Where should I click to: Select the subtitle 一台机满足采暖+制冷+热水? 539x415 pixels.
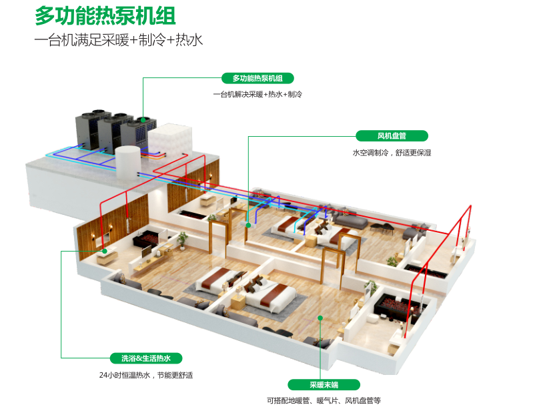(x=118, y=41)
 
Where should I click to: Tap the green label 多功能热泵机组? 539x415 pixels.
(x=257, y=78)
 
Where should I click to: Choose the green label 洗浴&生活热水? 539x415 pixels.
(x=146, y=358)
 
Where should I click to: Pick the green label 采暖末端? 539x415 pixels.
(x=324, y=384)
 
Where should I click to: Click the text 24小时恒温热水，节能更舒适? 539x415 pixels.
(x=145, y=375)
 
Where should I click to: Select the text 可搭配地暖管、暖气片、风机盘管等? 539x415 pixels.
(x=324, y=401)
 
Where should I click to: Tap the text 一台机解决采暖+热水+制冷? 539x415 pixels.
(x=257, y=95)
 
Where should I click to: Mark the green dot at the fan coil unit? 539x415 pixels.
(x=248, y=225)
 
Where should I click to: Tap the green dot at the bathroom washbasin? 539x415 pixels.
(x=105, y=251)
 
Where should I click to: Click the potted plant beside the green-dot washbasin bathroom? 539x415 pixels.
(x=182, y=239)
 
